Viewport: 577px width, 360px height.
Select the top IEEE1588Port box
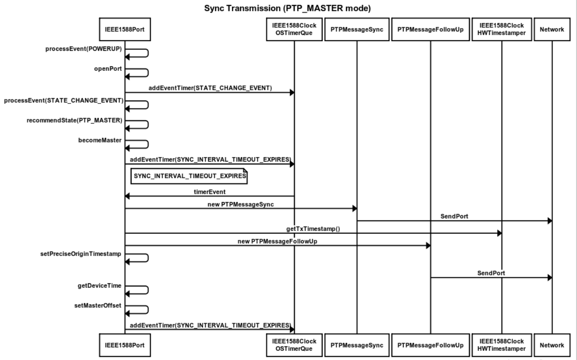[125, 30]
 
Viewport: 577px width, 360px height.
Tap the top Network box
[552, 30]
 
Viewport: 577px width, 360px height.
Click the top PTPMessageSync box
[357, 30]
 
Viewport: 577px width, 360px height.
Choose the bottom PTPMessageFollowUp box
[430, 345]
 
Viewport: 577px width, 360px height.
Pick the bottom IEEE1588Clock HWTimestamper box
[502, 345]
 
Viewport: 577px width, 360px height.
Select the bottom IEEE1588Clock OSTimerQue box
[294, 345]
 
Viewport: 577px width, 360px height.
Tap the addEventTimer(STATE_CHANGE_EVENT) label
[210, 88]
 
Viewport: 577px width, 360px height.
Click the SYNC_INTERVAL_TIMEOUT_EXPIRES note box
[189, 176]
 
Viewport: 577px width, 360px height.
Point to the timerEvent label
[210, 192]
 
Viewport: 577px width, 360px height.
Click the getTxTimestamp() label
[313, 229]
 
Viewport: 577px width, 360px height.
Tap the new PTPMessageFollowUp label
[277, 242]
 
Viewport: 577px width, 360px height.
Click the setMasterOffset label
[98, 306]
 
